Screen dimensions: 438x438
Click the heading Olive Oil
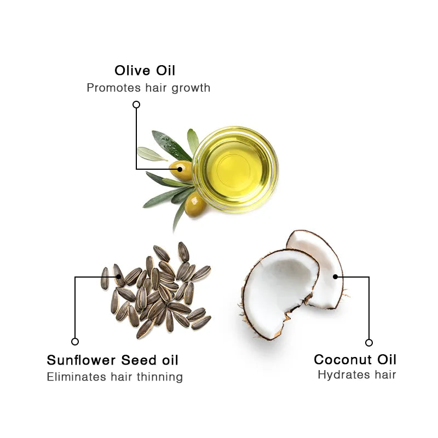click(145, 71)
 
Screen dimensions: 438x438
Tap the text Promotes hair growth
click(148, 88)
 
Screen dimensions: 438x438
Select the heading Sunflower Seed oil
click(112, 360)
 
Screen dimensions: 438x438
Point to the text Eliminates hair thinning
click(114, 377)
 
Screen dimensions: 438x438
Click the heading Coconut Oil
click(355, 360)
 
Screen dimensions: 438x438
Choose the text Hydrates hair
click(356, 375)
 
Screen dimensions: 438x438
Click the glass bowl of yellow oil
click(235, 168)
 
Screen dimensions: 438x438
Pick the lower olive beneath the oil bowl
click(195, 204)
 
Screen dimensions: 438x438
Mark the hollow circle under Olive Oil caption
click(136, 104)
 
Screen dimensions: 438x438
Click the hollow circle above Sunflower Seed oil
click(75, 342)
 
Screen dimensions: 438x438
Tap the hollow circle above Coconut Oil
click(369, 343)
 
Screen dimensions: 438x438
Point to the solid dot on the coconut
click(336, 277)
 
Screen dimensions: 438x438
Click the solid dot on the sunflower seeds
click(119, 276)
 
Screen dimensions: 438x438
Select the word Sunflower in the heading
click(80, 360)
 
